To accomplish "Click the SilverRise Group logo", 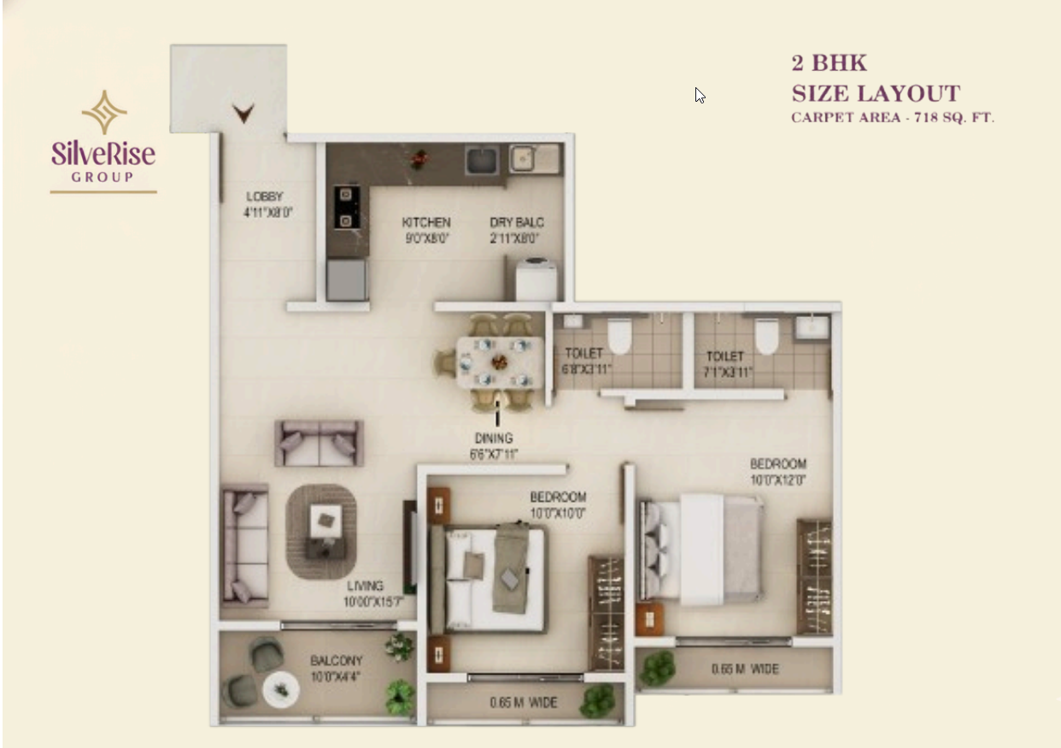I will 103,140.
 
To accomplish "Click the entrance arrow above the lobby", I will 244,113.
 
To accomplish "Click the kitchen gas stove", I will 346,208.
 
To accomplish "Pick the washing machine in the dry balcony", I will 536,279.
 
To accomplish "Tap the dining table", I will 500,363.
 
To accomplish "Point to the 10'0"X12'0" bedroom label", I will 777,472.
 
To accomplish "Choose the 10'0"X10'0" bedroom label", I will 558,504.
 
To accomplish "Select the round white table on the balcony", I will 281,689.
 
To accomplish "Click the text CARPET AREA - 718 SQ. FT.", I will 893,118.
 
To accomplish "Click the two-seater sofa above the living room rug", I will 319,443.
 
